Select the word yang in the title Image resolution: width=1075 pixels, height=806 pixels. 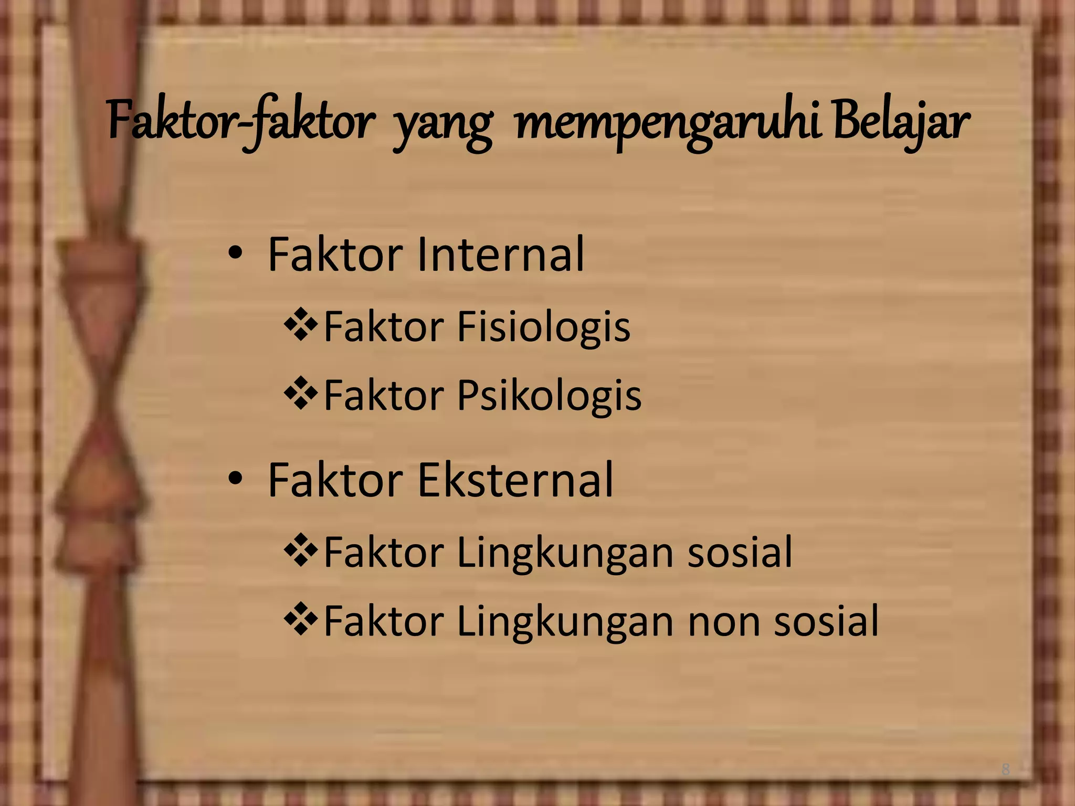tap(443, 126)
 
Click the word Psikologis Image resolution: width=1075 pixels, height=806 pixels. tap(549, 395)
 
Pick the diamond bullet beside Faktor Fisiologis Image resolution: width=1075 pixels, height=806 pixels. tap(301, 326)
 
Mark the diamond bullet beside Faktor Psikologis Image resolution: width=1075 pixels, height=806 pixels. tap(301, 394)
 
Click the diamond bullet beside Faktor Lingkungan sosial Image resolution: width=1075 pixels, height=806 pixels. tap(301, 551)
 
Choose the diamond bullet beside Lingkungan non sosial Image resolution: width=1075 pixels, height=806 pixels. tap(301, 619)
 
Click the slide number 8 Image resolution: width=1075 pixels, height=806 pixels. tap(1005, 770)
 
